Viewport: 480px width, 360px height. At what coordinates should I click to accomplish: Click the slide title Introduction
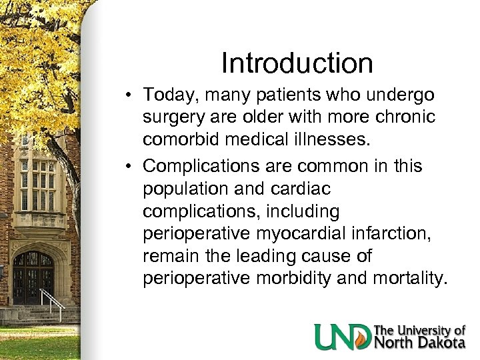297,64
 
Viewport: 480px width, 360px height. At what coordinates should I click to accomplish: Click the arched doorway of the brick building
33,277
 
